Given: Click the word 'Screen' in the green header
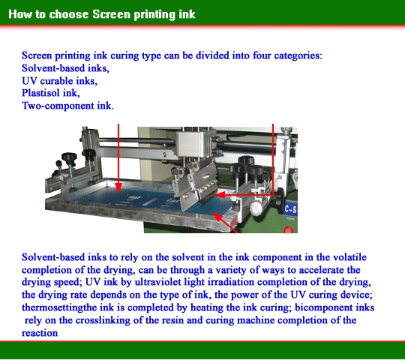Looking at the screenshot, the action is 112,14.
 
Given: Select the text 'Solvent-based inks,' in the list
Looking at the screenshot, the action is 65,68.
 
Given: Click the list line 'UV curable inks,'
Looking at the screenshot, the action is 60,81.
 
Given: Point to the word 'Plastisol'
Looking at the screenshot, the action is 40,93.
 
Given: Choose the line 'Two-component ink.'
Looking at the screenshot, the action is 67,106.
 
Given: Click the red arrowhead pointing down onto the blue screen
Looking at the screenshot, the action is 118,188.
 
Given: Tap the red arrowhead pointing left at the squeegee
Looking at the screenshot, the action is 220,195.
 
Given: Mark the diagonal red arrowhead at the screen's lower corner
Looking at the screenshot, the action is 217,217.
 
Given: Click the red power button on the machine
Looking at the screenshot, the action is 288,229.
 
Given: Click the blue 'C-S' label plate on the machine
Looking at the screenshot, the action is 291,209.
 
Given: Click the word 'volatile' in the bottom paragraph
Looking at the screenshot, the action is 349,257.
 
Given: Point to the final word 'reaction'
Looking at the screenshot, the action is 40,333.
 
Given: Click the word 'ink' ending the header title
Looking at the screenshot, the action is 187,14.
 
